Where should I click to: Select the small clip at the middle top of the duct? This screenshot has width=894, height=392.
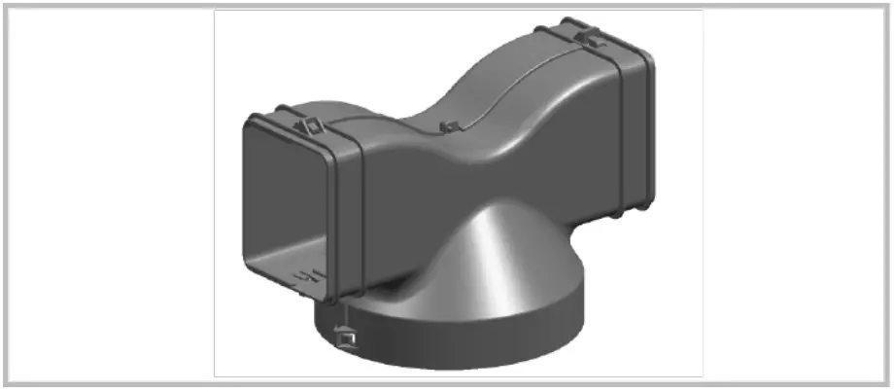coord(448,127)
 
